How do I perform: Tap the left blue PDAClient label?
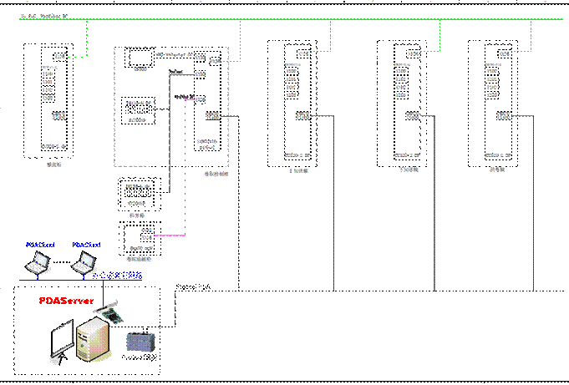click(x=39, y=245)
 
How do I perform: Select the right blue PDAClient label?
click(x=86, y=245)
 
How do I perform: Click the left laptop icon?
click(x=37, y=264)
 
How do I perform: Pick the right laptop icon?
click(x=84, y=264)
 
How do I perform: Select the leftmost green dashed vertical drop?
click(x=87, y=38)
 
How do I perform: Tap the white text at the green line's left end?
click(x=42, y=16)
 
